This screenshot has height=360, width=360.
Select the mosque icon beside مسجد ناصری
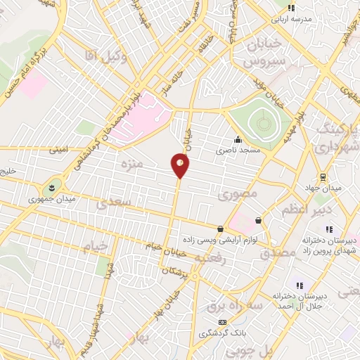point(238,139)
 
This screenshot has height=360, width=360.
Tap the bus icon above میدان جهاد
point(323,176)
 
